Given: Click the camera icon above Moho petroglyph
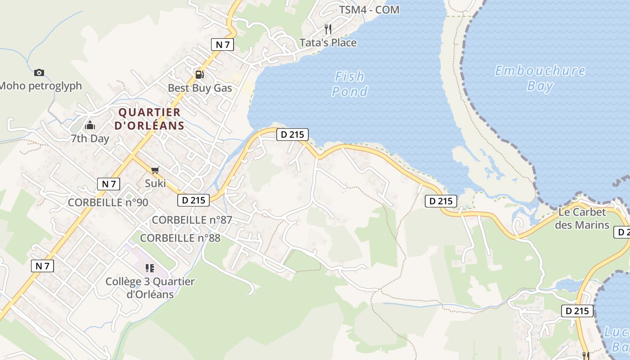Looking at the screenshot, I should [x=39, y=72].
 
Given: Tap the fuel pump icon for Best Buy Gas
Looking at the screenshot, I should [x=199, y=74].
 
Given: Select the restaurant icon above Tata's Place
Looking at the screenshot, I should [x=328, y=29].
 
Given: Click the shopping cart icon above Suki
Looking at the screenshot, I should [x=155, y=170].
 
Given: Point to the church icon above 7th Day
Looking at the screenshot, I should [x=90, y=125].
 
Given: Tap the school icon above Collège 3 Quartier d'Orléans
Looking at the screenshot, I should [x=150, y=268].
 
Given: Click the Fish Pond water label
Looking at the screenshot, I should [x=350, y=84].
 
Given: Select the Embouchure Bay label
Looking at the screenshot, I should [x=540, y=78].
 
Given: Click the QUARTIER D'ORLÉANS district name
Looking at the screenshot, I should [x=149, y=119].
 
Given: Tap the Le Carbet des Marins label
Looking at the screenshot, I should [x=582, y=218].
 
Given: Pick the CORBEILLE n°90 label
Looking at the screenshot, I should [x=108, y=202].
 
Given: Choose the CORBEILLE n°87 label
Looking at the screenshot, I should [x=192, y=220].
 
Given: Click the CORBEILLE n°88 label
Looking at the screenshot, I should [x=180, y=238].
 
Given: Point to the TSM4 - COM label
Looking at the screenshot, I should [x=369, y=9].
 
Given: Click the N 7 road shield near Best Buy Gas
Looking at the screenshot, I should [x=222, y=44].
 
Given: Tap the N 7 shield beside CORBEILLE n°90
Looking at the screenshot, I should [x=108, y=184].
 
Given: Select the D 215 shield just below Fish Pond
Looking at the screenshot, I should [x=292, y=134].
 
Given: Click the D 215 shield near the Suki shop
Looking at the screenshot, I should [x=194, y=200].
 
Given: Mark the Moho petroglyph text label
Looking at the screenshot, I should [x=40, y=85].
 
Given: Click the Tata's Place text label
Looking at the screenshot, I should [x=328, y=43].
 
